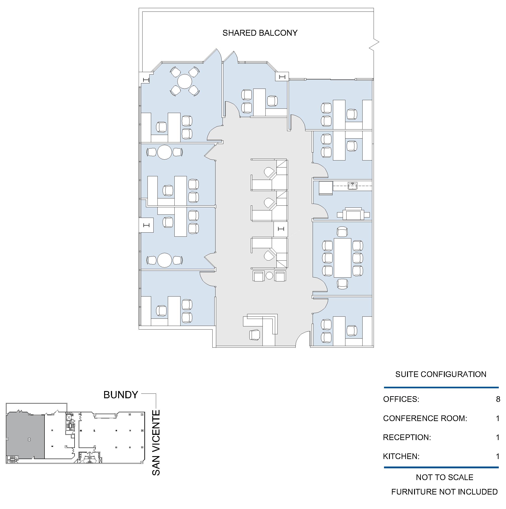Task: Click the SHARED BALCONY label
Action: coord(260,33)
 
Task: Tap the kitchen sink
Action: coord(352,186)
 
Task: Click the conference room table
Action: coord(342,258)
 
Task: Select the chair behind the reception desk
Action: coord(255,335)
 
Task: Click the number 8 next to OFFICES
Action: coord(498,399)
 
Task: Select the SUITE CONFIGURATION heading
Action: coord(441,374)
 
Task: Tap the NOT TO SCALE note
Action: coord(445,477)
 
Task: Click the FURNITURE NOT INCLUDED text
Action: coord(444,492)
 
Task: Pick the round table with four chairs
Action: coord(185,81)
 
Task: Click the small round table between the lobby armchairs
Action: coord(269,276)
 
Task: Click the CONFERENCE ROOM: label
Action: coord(425,418)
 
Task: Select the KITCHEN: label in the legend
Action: coord(401,456)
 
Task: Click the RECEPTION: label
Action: coord(407,437)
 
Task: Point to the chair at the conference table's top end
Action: coord(342,232)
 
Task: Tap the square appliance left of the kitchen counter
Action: coord(326,188)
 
